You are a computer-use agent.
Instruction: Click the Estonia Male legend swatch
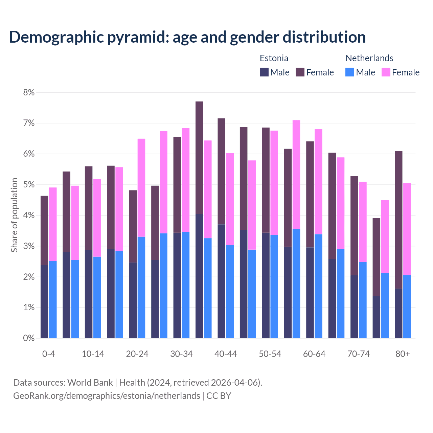coord(264,72)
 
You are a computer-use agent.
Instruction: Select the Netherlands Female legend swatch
coord(386,72)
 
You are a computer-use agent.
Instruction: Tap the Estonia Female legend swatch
coord(300,72)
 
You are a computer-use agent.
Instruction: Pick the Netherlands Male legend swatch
coord(350,72)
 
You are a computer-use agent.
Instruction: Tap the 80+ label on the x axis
coord(403,354)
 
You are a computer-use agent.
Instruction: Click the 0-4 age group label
coord(48,354)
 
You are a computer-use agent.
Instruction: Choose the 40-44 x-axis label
coord(226,354)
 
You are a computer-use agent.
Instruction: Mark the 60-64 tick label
coord(314,354)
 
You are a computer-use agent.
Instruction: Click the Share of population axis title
coord(15,215)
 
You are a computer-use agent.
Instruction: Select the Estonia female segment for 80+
coord(398,220)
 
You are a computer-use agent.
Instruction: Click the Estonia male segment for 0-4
coord(44,301)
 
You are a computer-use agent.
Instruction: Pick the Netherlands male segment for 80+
coord(407,306)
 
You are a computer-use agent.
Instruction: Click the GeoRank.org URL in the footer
coord(107,396)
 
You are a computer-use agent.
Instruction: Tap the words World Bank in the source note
coord(90,383)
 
